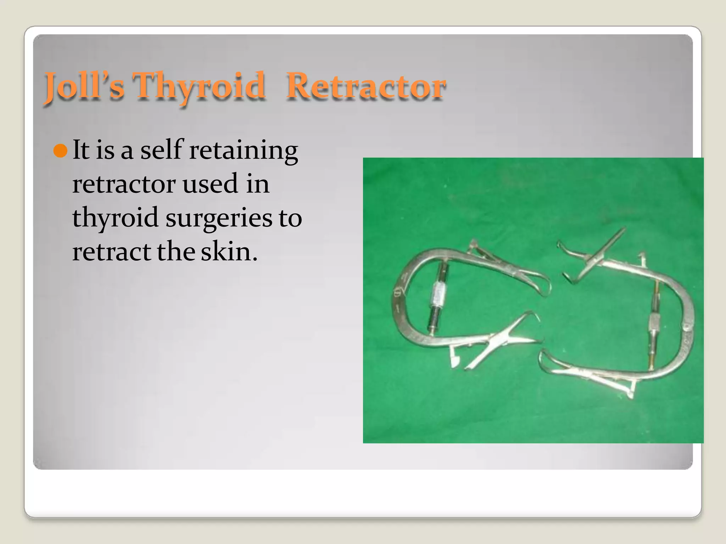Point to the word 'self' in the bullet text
click(162, 151)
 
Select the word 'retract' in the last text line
click(112, 252)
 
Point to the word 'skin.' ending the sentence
click(229, 252)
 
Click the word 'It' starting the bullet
click(81, 151)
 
